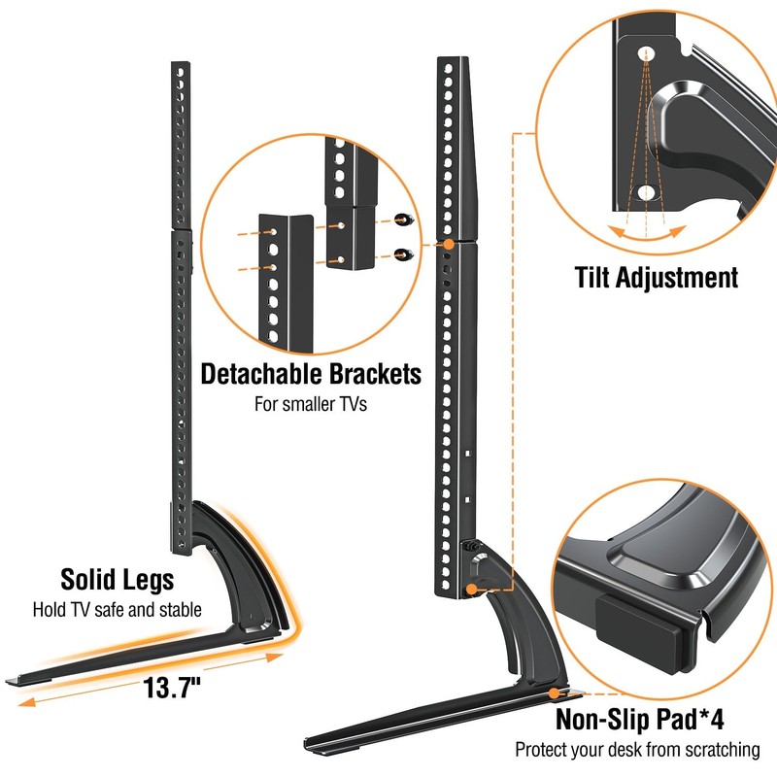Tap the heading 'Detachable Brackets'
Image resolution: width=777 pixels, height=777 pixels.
point(311,374)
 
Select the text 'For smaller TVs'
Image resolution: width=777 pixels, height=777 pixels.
point(311,403)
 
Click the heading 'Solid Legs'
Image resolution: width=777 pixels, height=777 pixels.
point(118,580)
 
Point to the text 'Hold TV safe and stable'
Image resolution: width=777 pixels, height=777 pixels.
point(118,610)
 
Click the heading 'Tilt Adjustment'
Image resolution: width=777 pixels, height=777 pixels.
point(655,278)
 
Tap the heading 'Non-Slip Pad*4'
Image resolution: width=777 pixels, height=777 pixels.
point(640,720)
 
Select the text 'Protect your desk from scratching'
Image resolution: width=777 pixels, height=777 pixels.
point(637,750)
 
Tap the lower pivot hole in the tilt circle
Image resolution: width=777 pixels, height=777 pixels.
point(646,191)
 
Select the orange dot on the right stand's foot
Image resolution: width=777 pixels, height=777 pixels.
point(554,693)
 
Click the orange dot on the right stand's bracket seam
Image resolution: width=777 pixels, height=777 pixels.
point(450,246)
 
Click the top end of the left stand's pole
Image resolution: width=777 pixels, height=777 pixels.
point(181,66)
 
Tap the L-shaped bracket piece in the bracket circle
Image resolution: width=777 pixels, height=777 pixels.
point(286,277)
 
